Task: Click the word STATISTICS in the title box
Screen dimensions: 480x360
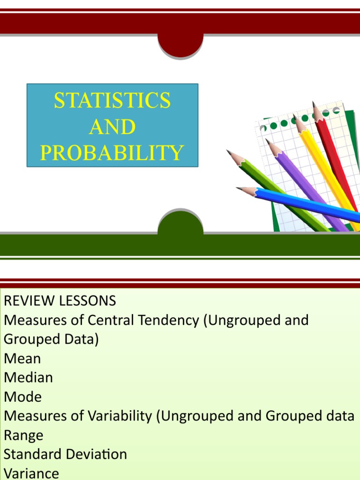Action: (x=112, y=101)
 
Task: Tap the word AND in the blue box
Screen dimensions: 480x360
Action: (x=112, y=127)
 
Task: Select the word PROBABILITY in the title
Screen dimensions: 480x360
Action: (x=112, y=153)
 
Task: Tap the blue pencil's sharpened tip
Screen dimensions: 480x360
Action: (x=242, y=189)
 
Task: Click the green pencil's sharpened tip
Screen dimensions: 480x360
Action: (x=230, y=152)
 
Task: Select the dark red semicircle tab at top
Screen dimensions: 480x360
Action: (x=180, y=45)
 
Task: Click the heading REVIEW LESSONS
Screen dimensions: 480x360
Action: (x=60, y=300)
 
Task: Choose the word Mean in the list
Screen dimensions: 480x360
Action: (x=22, y=359)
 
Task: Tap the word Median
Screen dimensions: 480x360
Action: (x=28, y=378)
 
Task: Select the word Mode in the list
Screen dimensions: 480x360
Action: (x=22, y=397)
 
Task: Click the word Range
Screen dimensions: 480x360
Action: (x=23, y=435)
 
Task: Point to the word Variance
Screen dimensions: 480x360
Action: (x=31, y=473)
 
